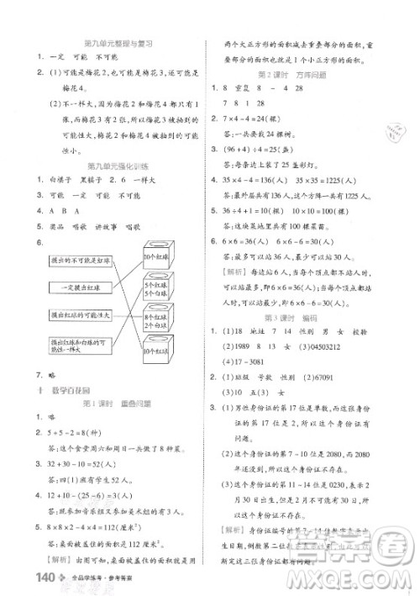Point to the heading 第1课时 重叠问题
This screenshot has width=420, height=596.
click(x=118, y=403)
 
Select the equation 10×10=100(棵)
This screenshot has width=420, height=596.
click(x=328, y=210)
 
